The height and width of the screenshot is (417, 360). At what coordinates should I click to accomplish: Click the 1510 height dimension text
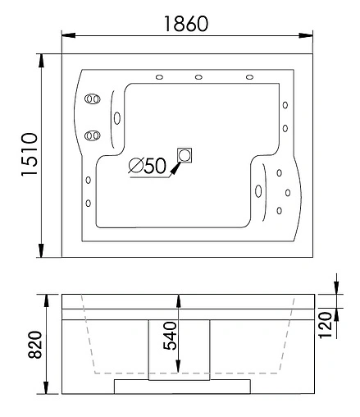[x=26, y=155]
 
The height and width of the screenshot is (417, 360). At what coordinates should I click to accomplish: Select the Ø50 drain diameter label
[x=148, y=166]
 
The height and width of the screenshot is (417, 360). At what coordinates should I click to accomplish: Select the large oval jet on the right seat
[x=260, y=191]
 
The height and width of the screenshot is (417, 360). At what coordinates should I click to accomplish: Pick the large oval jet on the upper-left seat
[x=116, y=117]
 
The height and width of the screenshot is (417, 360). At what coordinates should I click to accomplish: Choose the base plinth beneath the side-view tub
[x=180, y=385]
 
